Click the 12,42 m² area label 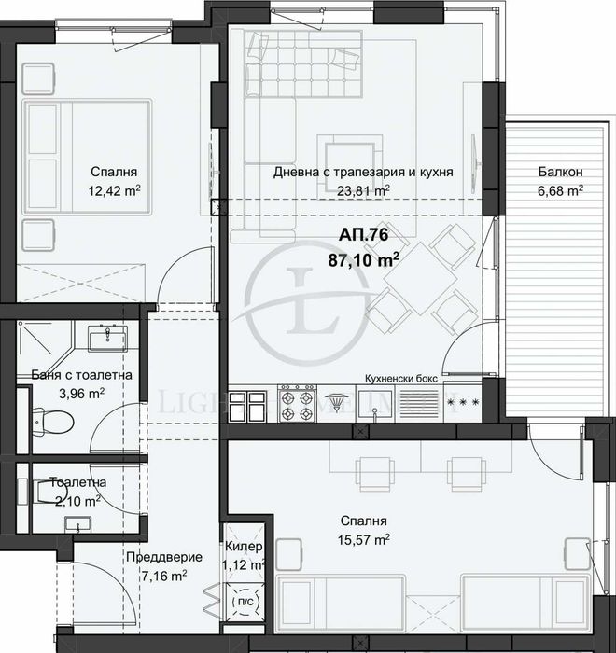[115, 191]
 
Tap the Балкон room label [560, 172]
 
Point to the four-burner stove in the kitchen [297, 403]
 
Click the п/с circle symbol [245, 602]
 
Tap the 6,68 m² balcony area [560, 191]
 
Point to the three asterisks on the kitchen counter [464, 404]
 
